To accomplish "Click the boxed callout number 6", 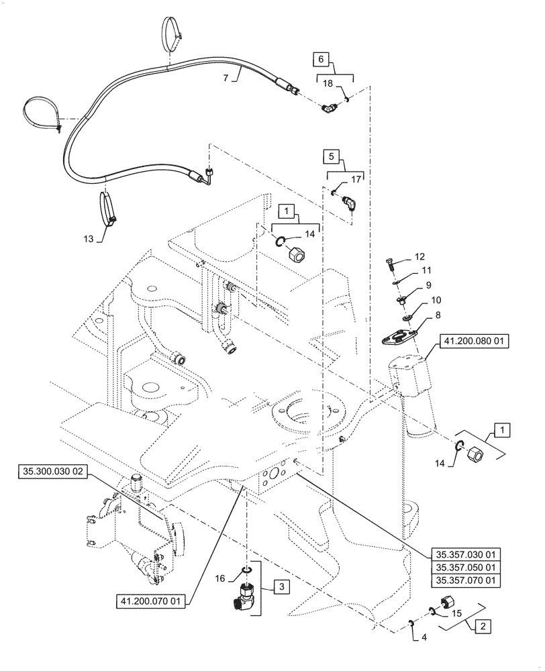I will (x=321, y=60).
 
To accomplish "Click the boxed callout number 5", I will (x=330, y=157).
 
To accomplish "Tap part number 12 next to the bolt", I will (x=419, y=257).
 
